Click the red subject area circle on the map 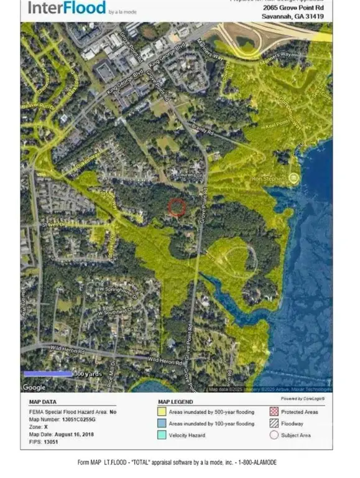tap(177, 207)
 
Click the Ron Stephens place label tap(270, 178)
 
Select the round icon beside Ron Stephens tap(294, 178)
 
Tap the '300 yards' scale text tap(86, 374)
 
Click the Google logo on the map tap(34, 387)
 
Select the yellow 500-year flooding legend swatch tap(162, 412)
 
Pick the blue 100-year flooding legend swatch tap(162, 424)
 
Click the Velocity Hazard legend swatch tap(162, 435)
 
